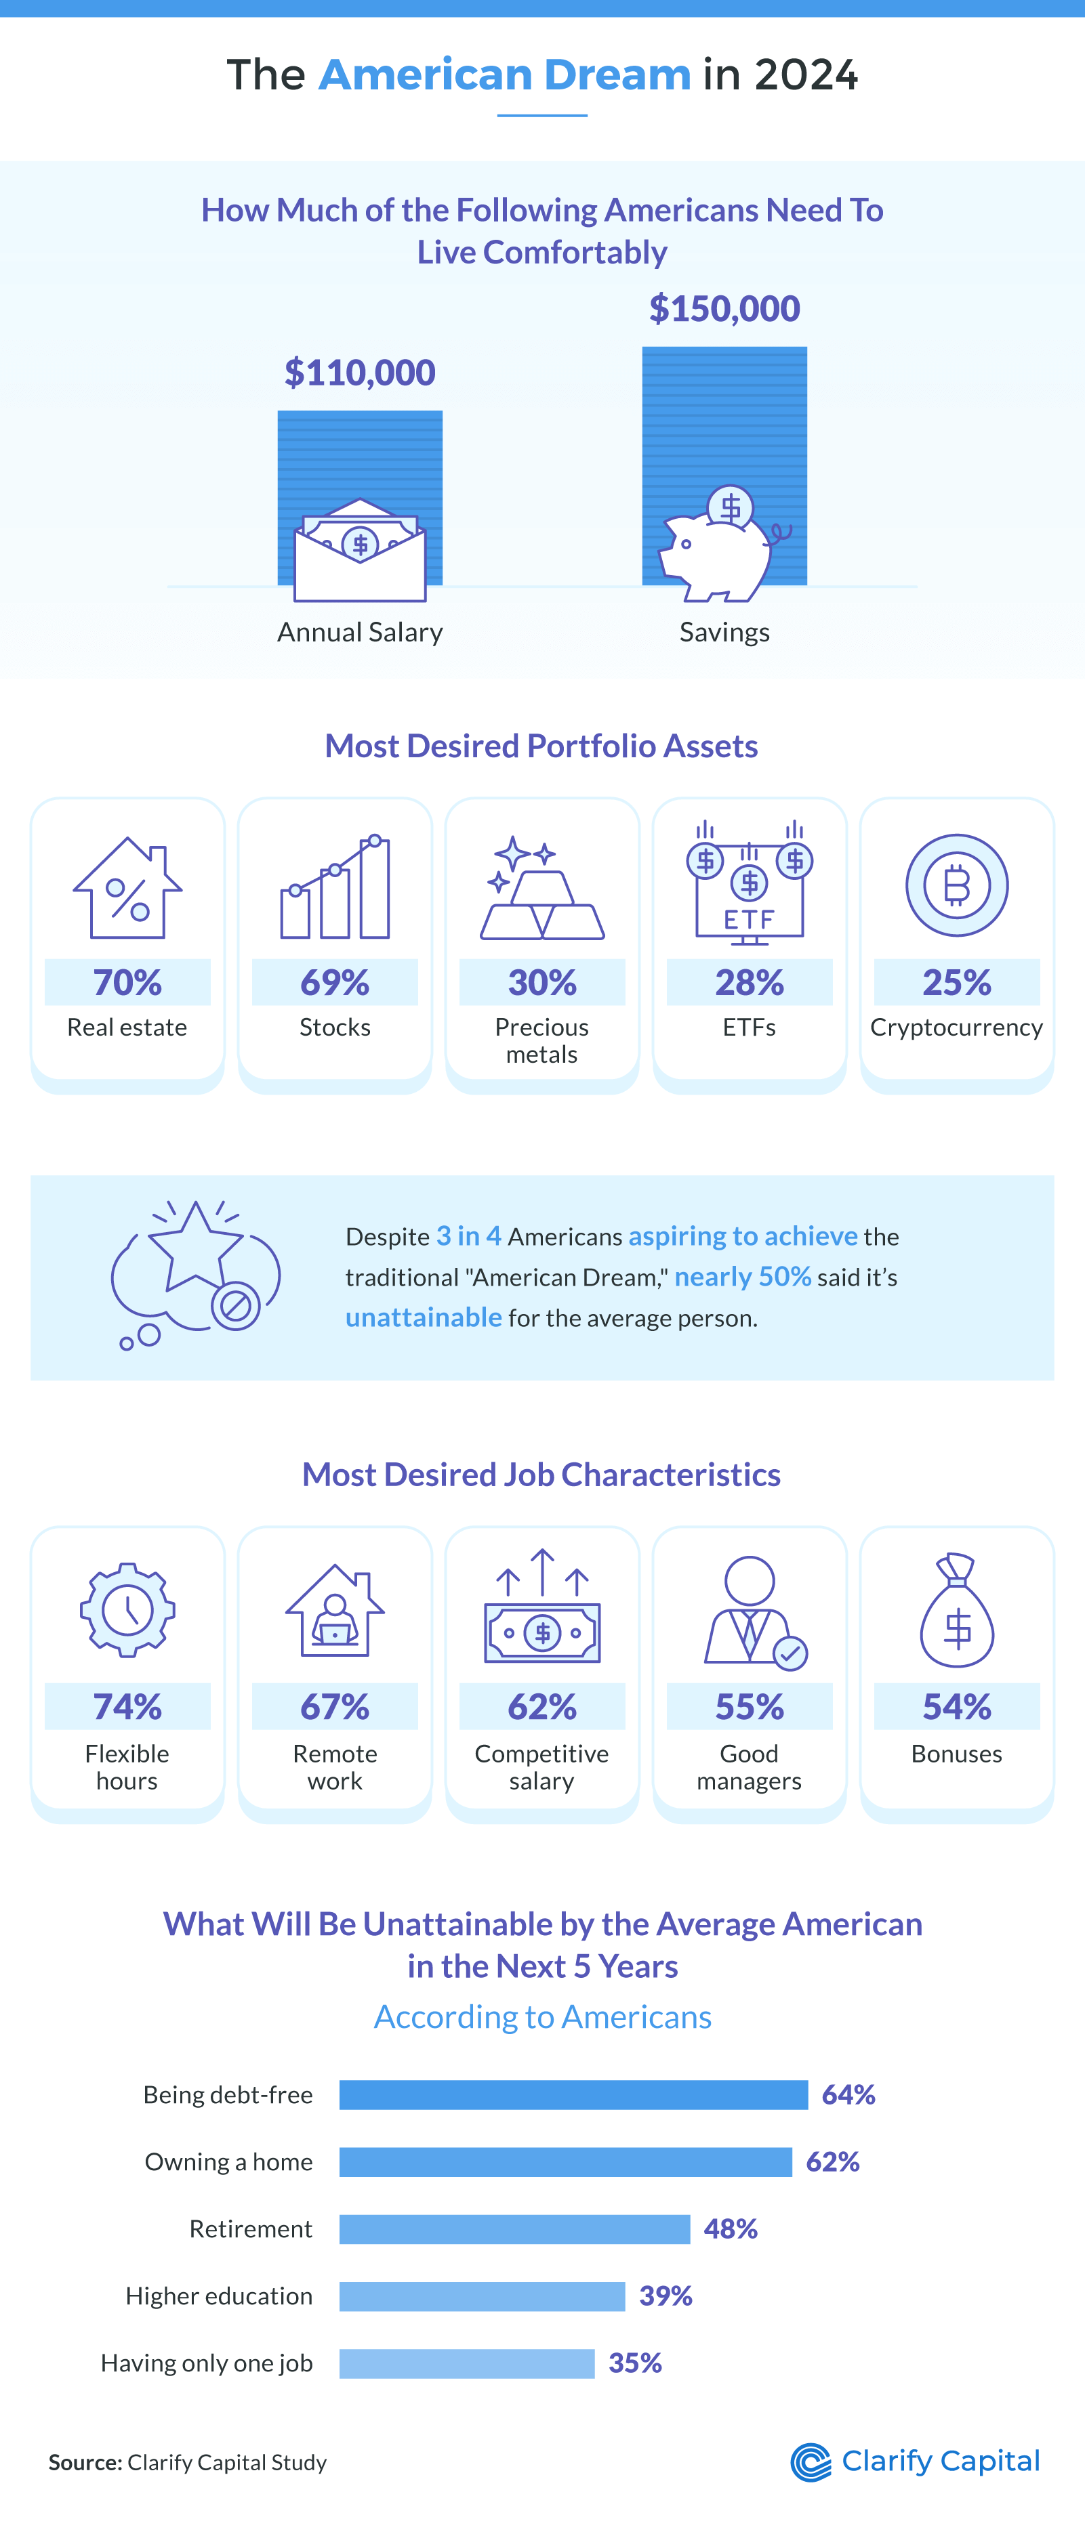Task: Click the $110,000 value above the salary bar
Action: [x=360, y=373]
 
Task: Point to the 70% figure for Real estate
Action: [x=127, y=982]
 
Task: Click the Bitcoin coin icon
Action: [x=956, y=885]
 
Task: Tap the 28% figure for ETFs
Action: [x=749, y=982]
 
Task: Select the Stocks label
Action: [x=335, y=1028]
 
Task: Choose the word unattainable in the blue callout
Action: [x=424, y=1317]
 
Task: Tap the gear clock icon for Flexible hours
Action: [x=127, y=1610]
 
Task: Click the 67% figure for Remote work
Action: [x=335, y=1706]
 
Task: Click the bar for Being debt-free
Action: [x=573, y=2094]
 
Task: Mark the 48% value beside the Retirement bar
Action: [x=731, y=2228]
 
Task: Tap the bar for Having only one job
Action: [x=466, y=2363]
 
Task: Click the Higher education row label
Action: [x=219, y=2296]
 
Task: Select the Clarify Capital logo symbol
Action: [x=811, y=2462]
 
